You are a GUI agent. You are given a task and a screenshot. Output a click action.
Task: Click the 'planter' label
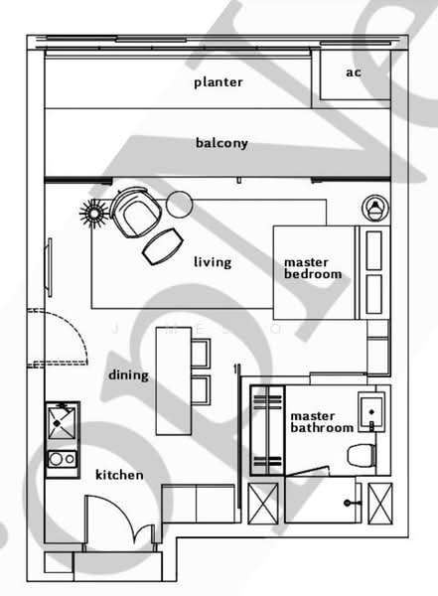click(x=219, y=82)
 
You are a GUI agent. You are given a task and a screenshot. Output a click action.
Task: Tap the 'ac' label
click(x=354, y=73)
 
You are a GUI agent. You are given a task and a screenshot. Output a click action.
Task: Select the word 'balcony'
click(x=221, y=143)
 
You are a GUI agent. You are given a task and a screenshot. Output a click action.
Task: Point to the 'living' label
click(x=213, y=262)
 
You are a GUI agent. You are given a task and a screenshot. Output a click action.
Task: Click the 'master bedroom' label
click(x=313, y=268)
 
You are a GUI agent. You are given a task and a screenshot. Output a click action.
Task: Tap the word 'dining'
click(x=128, y=375)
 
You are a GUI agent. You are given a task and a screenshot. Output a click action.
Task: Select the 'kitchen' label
click(x=119, y=475)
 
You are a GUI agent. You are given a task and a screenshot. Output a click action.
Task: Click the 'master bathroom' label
click(x=322, y=422)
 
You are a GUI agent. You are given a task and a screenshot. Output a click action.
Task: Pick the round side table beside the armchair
click(x=180, y=204)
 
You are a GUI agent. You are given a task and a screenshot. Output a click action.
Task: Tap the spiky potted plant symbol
click(x=93, y=214)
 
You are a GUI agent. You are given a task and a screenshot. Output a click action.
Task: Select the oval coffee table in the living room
click(x=163, y=246)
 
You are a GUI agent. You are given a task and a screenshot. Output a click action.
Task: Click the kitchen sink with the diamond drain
click(x=62, y=422)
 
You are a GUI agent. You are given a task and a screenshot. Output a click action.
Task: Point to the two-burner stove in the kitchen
click(x=62, y=459)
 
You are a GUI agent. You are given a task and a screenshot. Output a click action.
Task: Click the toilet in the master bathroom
click(x=362, y=455)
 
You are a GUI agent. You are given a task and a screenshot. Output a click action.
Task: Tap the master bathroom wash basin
click(x=371, y=412)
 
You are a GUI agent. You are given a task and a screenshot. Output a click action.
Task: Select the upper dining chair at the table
click(x=201, y=354)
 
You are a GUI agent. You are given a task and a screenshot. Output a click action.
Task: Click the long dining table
click(x=174, y=381)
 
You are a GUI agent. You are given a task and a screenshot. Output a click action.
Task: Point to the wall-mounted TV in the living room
click(x=49, y=267)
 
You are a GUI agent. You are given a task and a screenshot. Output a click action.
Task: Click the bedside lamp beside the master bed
click(x=375, y=208)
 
